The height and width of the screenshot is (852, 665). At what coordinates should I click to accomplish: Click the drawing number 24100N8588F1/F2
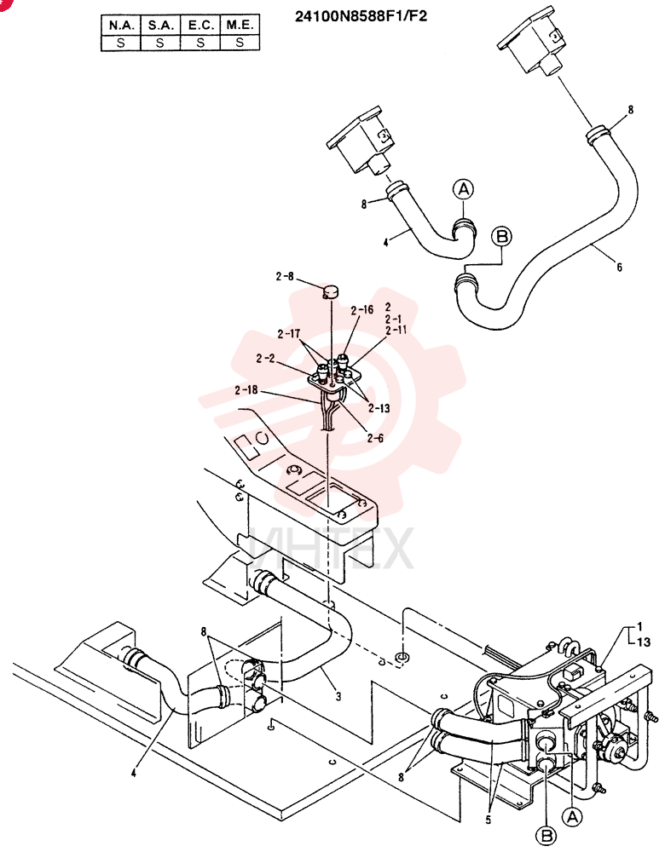click(x=361, y=16)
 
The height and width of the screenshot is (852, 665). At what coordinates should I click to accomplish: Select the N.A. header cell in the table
click(x=121, y=25)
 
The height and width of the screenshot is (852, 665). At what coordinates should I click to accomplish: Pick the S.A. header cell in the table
click(x=160, y=25)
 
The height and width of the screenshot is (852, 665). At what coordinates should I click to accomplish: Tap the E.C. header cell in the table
click(x=200, y=25)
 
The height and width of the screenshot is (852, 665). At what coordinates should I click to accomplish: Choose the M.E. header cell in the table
click(x=240, y=25)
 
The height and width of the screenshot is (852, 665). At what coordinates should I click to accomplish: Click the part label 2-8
click(x=285, y=277)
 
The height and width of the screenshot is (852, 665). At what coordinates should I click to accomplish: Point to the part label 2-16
click(x=362, y=310)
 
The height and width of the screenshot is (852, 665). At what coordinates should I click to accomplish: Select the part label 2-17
click(x=289, y=334)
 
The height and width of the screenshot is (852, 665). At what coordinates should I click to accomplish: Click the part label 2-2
click(x=265, y=359)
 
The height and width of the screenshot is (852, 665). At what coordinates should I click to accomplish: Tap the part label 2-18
click(x=246, y=390)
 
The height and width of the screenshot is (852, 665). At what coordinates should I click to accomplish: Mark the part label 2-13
click(x=379, y=408)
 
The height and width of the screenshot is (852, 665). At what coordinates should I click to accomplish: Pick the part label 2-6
click(x=375, y=438)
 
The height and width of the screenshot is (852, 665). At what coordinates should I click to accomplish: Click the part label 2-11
click(x=396, y=330)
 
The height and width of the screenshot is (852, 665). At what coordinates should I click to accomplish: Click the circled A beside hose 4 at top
click(x=463, y=190)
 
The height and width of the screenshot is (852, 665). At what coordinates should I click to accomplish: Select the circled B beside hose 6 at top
click(x=501, y=237)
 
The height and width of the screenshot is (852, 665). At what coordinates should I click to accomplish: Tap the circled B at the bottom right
click(x=546, y=835)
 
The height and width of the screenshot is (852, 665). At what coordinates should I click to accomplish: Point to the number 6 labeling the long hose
click(x=619, y=268)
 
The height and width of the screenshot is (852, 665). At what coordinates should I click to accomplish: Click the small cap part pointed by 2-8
click(x=331, y=291)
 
